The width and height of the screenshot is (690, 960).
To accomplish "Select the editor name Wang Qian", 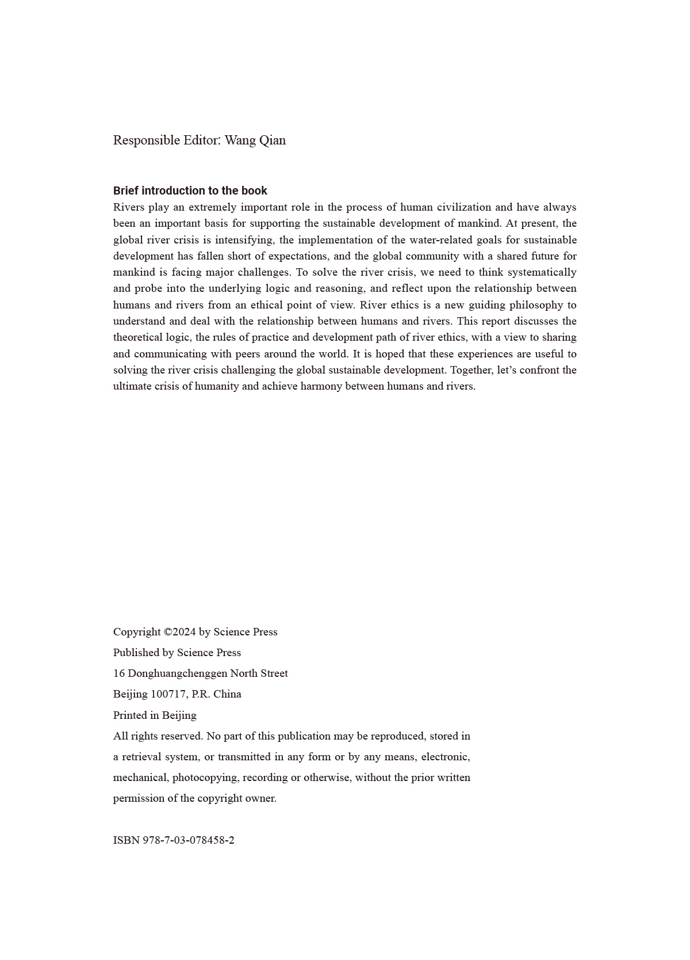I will pos(255,140).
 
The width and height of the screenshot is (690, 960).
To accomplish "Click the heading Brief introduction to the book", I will pos(190,191).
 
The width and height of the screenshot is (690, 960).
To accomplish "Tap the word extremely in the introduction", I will pos(212,207).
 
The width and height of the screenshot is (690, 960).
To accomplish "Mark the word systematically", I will pos(543,272).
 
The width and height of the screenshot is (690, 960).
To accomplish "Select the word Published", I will pos(136,653).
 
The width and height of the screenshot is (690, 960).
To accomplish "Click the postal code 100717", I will pos(168,694).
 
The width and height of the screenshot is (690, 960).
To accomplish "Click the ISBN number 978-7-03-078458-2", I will pos(188,840).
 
